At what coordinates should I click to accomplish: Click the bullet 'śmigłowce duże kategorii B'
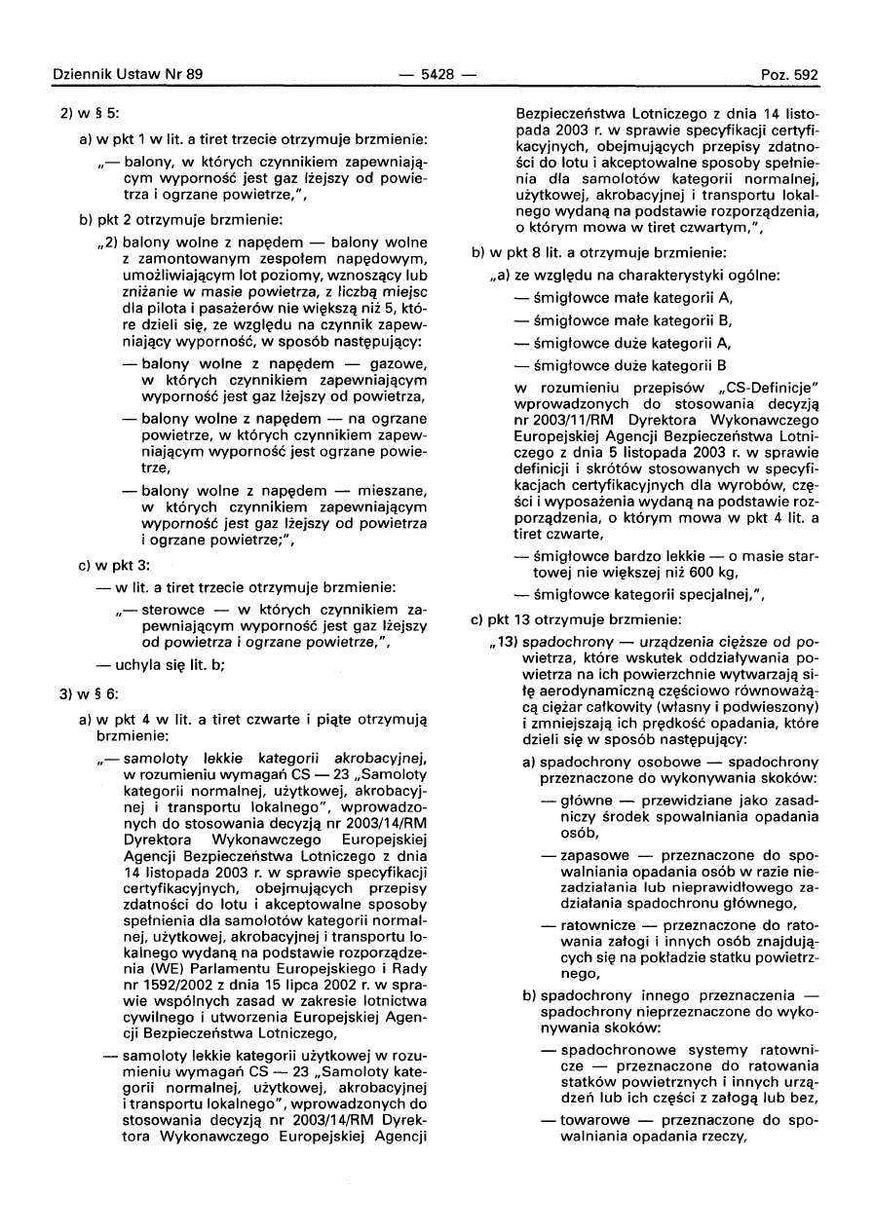(x=629, y=367)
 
